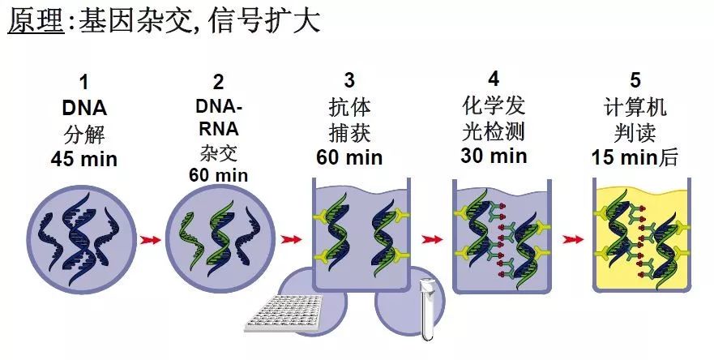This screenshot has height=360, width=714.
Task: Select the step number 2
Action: pyautogui.click(x=219, y=82)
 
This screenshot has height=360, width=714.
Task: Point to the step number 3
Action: pyautogui.click(x=349, y=79)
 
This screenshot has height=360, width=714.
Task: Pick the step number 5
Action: pyautogui.click(x=635, y=79)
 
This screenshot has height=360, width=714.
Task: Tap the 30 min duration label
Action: pyautogui.click(x=494, y=155)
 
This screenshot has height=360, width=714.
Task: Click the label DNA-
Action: pyautogui.click(x=219, y=105)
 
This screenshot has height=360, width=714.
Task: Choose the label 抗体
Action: pyautogui.click(x=349, y=106)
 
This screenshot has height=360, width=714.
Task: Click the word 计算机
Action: pyautogui.click(x=635, y=106)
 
